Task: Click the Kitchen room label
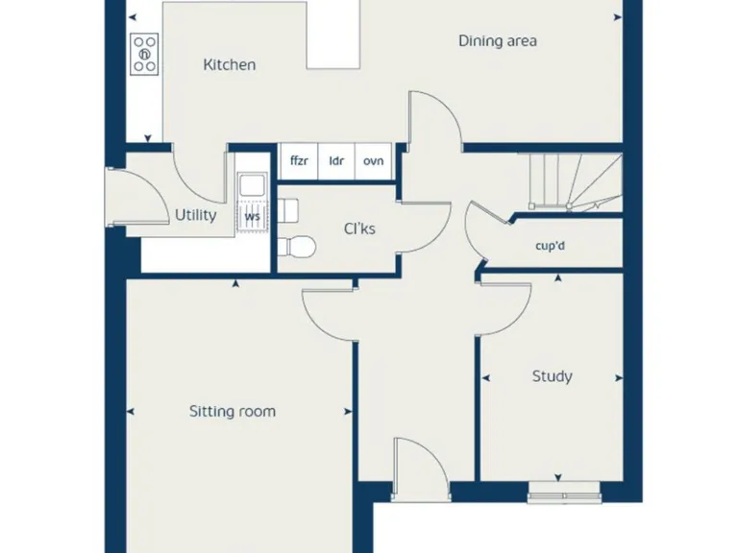[x=230, y=65]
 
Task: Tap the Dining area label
[x=497, y=41]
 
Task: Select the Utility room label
[x=195, y=215]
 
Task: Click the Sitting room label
[x=232, y=411]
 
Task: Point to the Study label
[x=552, y=376]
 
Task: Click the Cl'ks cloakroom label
[x=360, y=228]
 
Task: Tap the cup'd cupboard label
[x=551, y=245]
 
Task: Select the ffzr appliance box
[x=300, y=160]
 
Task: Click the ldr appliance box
[x=336, y=160]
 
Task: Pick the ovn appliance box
[x=374, y=160]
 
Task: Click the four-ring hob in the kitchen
[x=145, y=55]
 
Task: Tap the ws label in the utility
[x=253, y=217]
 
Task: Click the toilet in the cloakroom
[x=298, y=247]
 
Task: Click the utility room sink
[x=253, y=185]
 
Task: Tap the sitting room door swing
[x=327, y=307]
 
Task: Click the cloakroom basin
[x=287, y=208]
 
